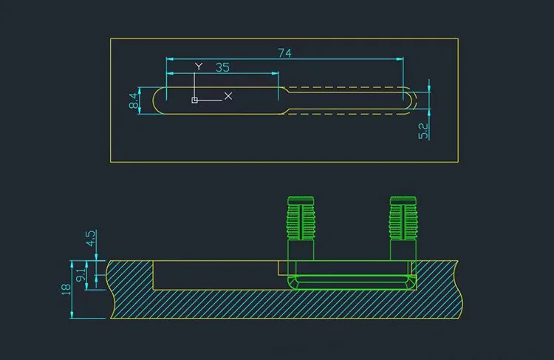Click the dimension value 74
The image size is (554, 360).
(284, 52)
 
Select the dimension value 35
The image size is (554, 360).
(222, 67)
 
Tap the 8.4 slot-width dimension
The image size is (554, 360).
(134, 101)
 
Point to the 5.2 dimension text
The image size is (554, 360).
(423, 130)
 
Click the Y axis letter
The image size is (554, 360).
(198, 67)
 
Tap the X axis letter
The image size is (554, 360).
(228, 96)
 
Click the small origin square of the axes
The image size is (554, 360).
(194, 100)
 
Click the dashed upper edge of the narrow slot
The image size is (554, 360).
(347, 89)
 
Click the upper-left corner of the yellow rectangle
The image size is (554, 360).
(111, 38)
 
